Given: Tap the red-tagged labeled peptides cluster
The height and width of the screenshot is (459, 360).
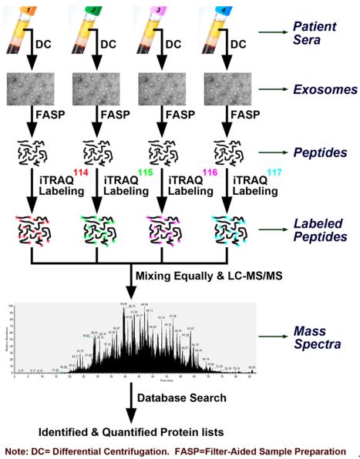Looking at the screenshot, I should pyautogui.click(x=34, y=231).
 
